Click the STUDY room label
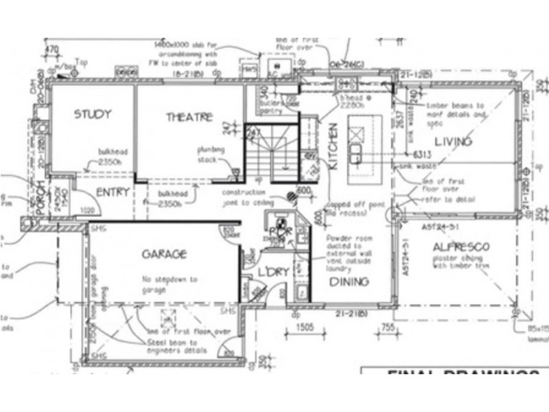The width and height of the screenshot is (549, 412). [93, 114]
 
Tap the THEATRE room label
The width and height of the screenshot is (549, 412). [189, 117]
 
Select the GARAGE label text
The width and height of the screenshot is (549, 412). [163, 255]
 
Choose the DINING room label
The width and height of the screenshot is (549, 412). [349, 282]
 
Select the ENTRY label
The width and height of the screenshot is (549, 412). [113, 192]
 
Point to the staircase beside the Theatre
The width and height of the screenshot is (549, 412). [271, 154]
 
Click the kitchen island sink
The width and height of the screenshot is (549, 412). [356, 150]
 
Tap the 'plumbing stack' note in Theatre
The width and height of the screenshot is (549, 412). [208, 154]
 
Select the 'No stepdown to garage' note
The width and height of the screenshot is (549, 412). [169, 284]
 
